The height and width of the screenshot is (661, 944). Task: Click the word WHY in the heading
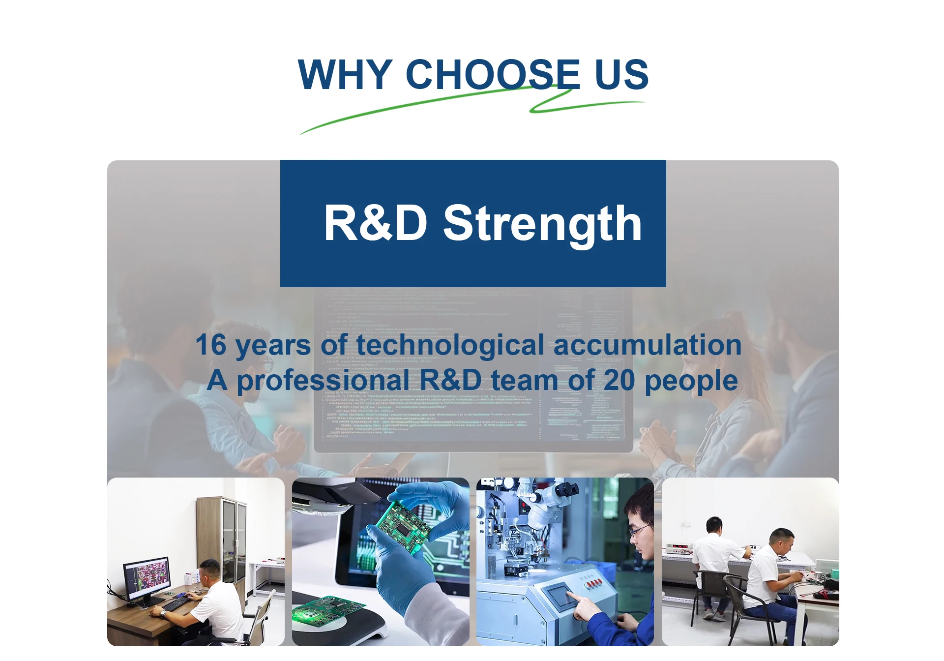click(x=345, y=74)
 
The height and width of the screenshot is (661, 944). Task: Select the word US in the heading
click(x=621, y=74)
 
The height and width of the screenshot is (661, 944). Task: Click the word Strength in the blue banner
click(x=542, y=224)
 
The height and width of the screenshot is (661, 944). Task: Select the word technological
click(x=450, y=345)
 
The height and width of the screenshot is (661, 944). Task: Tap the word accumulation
click(x=648, y=345)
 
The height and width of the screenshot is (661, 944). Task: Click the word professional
click(x=323, y=381)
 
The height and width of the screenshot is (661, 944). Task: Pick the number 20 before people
click(x=619, y=380)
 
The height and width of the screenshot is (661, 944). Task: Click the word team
click(x=525, y=380)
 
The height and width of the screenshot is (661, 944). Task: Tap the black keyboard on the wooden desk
click(x=176, y=603)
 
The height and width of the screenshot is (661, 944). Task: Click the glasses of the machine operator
click(x=640, y=530)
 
